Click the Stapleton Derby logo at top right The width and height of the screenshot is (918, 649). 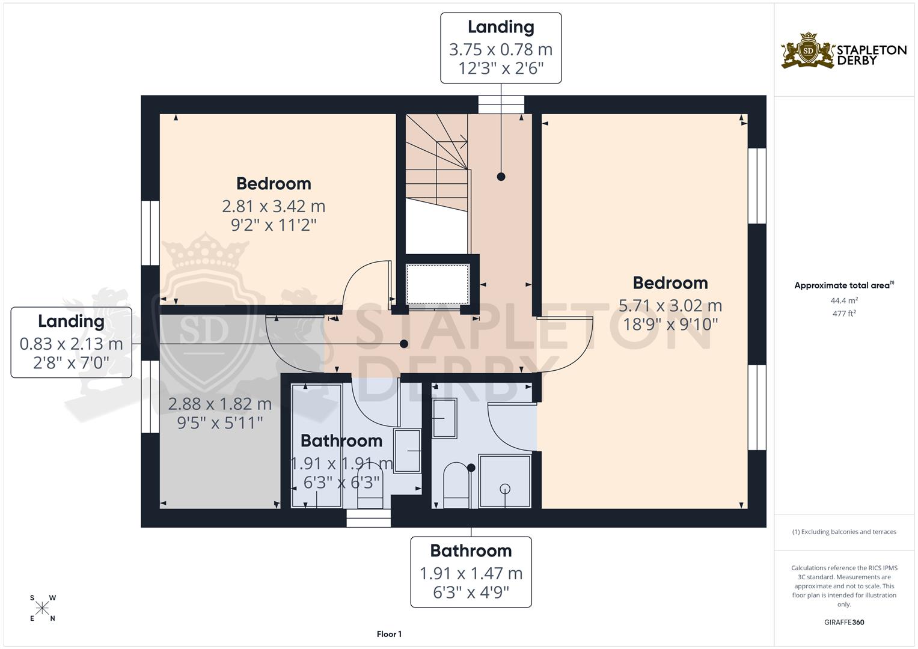pyautogui.click(x=843, y=50)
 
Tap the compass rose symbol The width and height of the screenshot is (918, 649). pyautogui.click(x=42, y=608)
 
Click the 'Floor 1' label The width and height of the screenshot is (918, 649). pyautogui.click(x=389, y=634)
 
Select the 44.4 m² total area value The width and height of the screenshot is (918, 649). pyautogui.click(x=844, y=300)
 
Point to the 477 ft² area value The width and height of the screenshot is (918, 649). pyautogui.click(x=844, y=313)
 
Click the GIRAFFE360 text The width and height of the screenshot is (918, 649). pyautogui.click(x=844, y=622)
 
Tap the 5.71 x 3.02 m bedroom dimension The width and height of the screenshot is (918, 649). pyautogui.click(x=670, y=306)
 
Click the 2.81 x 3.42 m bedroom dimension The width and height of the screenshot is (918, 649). pyautogui.click(x=274, y=206)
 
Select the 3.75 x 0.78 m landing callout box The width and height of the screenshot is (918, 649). pyautogui.click(x=501, y=48)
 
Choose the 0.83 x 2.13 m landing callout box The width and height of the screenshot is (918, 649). pyautogui.click(x=71, y=343)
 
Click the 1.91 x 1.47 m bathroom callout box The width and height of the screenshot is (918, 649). pyautogui.click(x=471, y=572)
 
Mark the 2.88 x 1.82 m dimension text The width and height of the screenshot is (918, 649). pyautogui.click(x=219, y=404)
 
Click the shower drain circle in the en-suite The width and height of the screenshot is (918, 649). pyautogui.click(x=505, y=489)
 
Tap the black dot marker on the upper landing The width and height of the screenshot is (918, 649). pyautogui.click(x=501, y=177)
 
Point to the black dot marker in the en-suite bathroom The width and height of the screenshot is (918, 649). pyautogui.click(x=471, y=468)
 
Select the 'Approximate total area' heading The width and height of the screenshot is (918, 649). pyautogui.click(x=844, y=285)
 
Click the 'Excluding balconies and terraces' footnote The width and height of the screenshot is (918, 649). pyautogui.click(x=844, y=532)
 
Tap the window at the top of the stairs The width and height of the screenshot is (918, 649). pyautogui.click(x=501, y=105)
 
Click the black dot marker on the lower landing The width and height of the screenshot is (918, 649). pyautogui.click(x=404, y=344)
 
